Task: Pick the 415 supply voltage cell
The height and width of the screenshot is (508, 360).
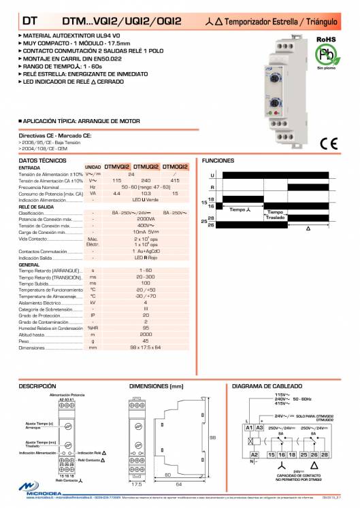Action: [x=175, y=180]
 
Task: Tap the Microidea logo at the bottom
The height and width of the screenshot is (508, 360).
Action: [x=34, y=497]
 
